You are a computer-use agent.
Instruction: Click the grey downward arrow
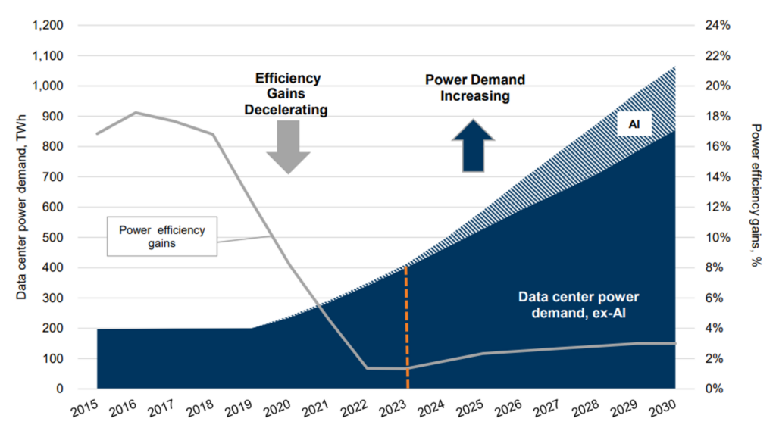[288, 147]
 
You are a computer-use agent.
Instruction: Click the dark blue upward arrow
[473, 145]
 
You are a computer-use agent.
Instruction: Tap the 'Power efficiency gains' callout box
[162, 236]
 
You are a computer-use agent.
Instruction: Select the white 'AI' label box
[634, 124]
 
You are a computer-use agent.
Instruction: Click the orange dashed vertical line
[407, 327]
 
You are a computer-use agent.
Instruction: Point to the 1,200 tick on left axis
[48, 25]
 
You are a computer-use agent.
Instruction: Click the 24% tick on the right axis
[718, 25]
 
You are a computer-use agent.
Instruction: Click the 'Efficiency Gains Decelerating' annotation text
[286, 94]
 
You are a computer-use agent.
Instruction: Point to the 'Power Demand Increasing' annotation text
[475, 88]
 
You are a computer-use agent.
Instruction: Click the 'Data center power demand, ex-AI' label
[578, 304]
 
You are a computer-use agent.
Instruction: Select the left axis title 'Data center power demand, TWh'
[20, 207]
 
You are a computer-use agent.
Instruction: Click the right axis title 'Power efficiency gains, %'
[756, 195]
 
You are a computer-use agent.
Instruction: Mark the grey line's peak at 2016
[136, 112]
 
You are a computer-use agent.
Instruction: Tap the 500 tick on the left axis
[53, 237]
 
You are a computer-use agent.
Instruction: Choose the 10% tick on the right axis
[718, 237]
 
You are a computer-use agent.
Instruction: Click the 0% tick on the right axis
[714, 389]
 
